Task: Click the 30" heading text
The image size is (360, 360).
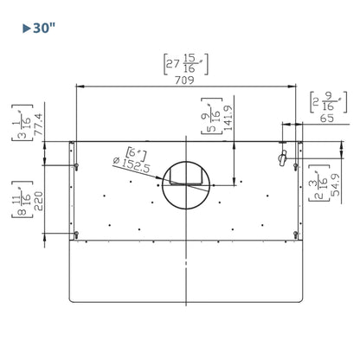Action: click(44, 29)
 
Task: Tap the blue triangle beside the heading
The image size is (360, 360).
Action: click(27, 29)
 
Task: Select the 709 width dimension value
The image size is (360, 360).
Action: click(184, 80)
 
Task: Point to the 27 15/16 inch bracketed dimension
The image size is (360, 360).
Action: click(186, 64)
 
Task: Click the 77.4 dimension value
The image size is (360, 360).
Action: click(39, 124)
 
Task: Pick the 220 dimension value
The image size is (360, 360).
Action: click(39, 201)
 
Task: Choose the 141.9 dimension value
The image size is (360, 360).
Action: click(228, 118)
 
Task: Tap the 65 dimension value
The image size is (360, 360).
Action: click(327, 118)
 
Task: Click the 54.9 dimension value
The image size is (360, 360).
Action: click(335, 185)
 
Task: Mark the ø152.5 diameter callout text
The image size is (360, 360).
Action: click(132, 165)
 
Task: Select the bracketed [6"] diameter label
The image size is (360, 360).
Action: click(136, 154)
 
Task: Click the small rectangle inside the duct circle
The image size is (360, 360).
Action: click(185, 177)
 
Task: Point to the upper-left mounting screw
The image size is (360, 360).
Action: click(76, 166)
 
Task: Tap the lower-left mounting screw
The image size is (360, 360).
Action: click(76, 235)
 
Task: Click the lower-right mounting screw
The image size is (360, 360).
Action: click(295, 235)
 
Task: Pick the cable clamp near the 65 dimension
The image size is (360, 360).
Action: click(282, 157)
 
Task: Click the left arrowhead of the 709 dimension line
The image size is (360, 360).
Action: click(80, 86)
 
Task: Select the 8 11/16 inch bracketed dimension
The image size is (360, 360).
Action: click(22, 199)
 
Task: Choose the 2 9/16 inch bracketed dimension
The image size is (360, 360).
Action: click(328, 102)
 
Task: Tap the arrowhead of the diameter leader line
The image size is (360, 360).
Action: click(159, 179)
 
